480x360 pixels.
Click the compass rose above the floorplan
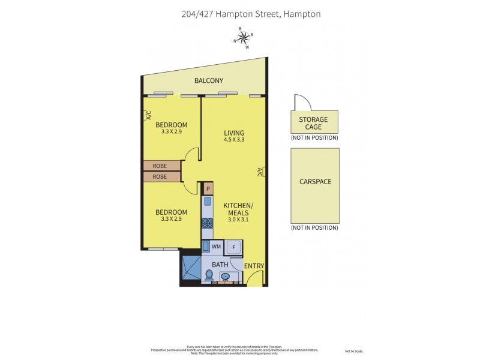point(244,38)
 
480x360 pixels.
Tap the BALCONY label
point(209,81)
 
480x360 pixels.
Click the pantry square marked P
point(208,188)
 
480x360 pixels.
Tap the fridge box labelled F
point(235,246)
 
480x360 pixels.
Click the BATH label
point(219,264)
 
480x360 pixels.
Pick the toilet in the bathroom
point(208,275)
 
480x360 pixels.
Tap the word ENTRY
point(254,266)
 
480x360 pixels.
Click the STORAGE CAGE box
point(314,123)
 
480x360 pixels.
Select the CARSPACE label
point(315,181)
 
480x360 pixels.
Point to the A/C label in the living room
point(259,172)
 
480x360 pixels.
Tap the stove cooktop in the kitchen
point(208,223)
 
